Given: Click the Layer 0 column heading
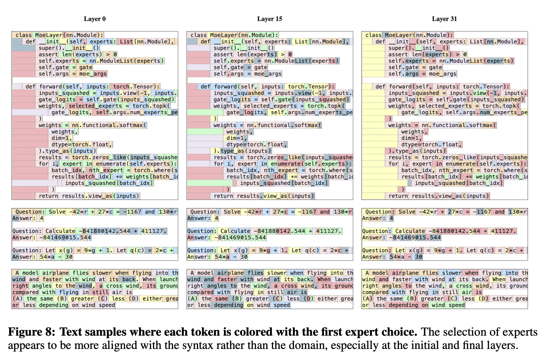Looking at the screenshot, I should pos(95,19).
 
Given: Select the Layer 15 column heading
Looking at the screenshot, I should pos(270,19).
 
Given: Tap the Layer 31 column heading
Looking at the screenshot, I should pos(444,19).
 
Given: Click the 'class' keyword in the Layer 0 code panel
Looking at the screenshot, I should pos(24,35).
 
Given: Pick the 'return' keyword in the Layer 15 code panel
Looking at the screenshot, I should pos(224,196).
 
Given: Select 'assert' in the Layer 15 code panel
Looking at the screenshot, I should pos(223,54).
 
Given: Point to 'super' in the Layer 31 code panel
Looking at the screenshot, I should pos(396,48).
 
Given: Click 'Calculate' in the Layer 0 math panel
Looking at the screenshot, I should pos(60,231).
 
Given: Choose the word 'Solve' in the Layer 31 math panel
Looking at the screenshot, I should pos(407,212).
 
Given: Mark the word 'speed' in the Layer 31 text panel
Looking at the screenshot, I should pos(457,305).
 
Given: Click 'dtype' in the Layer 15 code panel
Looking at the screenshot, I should pos(235,145).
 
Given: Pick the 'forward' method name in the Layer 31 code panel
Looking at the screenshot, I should pos(400,86).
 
